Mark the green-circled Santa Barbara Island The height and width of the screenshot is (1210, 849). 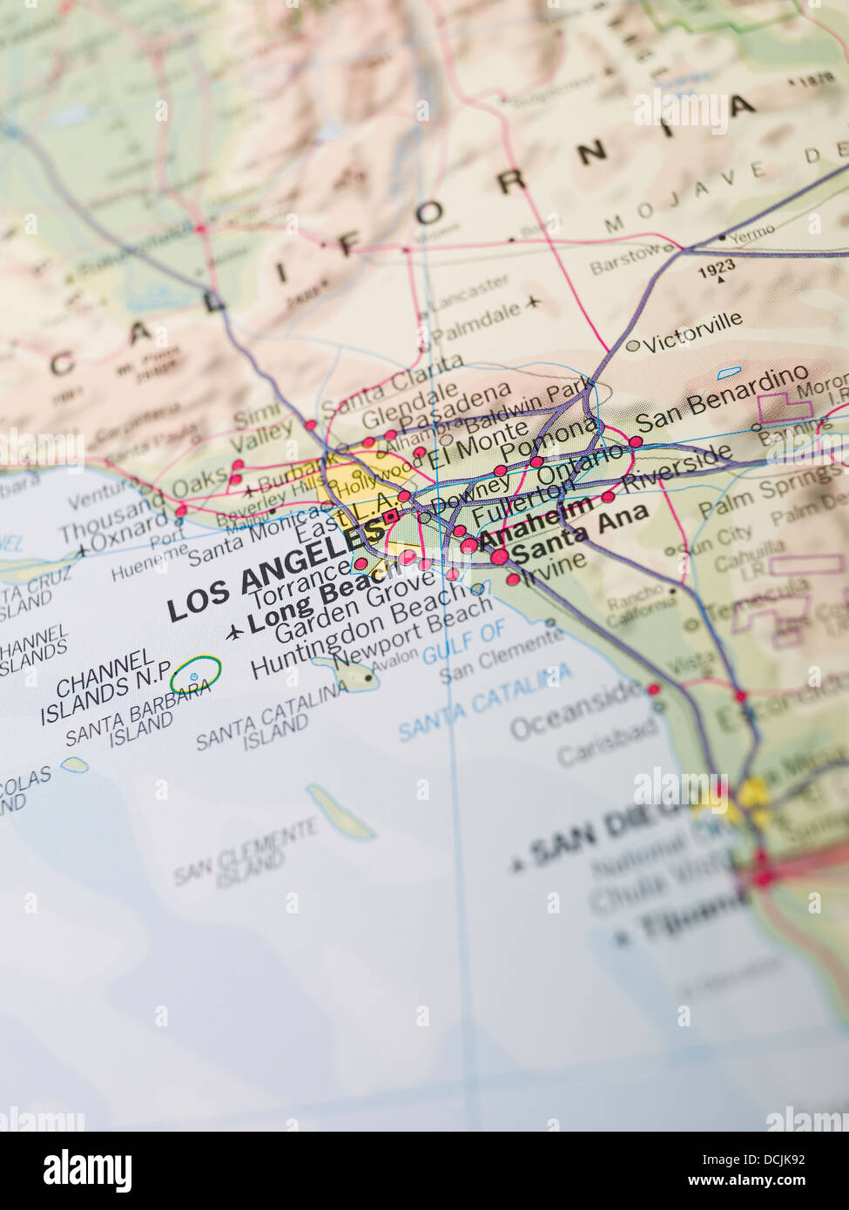[195, 673]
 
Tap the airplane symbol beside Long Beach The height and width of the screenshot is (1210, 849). [233, 632]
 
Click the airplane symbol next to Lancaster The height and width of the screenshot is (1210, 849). [533, 303]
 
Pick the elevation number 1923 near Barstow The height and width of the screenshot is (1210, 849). [716, 266]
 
